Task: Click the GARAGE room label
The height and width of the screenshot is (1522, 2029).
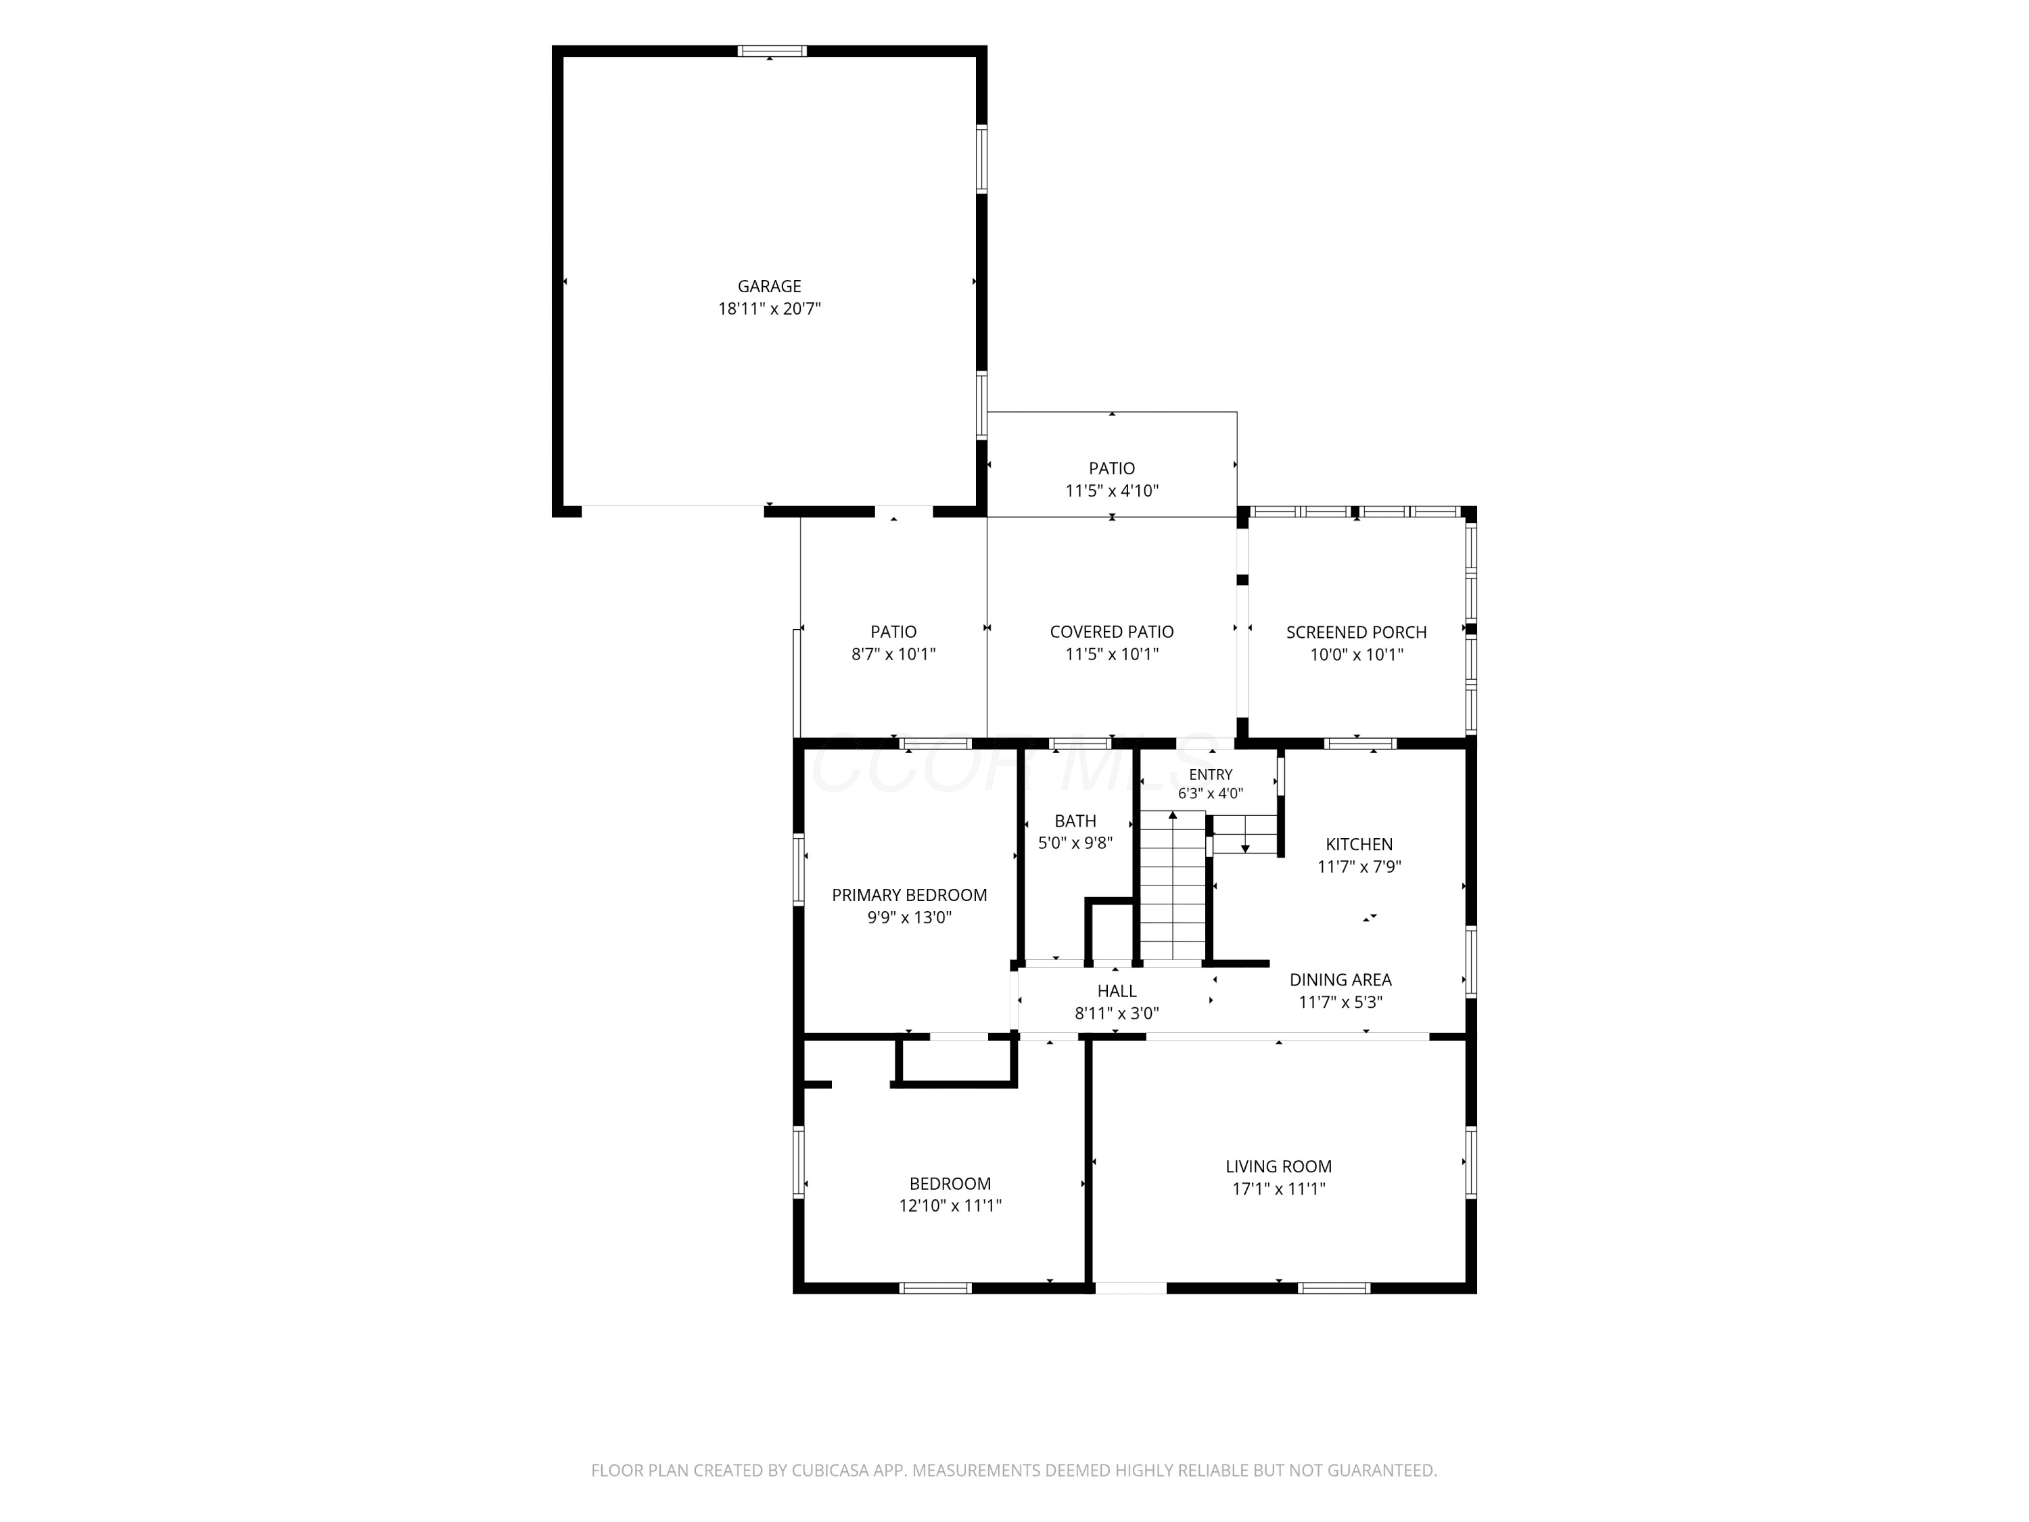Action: click(769, 286)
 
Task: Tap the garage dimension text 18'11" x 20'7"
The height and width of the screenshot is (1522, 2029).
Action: click(769, 308)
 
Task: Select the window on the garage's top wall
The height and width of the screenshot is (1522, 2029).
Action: click(772, 51)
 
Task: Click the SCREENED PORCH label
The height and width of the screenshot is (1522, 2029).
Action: click(1356, 632)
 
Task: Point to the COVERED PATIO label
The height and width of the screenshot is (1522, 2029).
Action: click(1112, 632)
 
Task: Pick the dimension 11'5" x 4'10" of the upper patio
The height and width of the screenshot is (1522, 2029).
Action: click(1112, 491)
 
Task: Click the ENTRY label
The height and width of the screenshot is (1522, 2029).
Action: click(1211, 775)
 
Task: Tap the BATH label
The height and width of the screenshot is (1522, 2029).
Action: click(1075, 821)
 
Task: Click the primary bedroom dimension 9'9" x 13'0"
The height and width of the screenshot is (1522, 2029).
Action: click(909, 917)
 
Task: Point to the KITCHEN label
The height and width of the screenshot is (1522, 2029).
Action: click(1359, 844)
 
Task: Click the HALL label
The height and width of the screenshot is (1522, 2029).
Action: click(1117, 991)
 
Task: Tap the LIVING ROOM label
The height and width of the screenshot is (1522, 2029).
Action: click(1279, 1167)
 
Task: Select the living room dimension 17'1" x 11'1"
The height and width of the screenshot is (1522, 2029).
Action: click(1279, 1189)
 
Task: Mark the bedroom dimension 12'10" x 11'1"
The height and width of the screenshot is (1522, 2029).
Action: click(950, 1205)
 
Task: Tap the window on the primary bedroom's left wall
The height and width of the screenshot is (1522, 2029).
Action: click(799, 870)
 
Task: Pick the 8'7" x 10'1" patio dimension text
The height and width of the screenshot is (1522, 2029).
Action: click(893, 654)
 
